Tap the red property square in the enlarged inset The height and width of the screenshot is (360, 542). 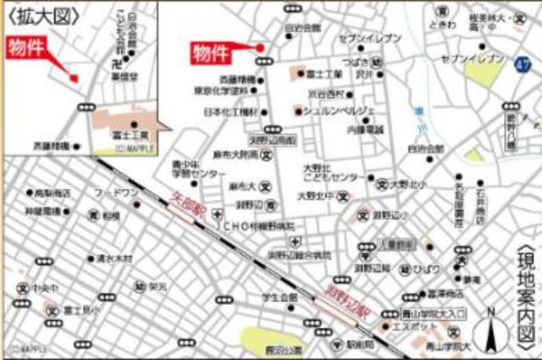click(75, 79)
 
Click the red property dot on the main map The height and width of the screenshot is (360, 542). click(261, 47)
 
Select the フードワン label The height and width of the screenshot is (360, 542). click(116, 193)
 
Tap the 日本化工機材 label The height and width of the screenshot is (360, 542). click(230, 112)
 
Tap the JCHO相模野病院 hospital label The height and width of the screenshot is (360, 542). click(263, 227)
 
